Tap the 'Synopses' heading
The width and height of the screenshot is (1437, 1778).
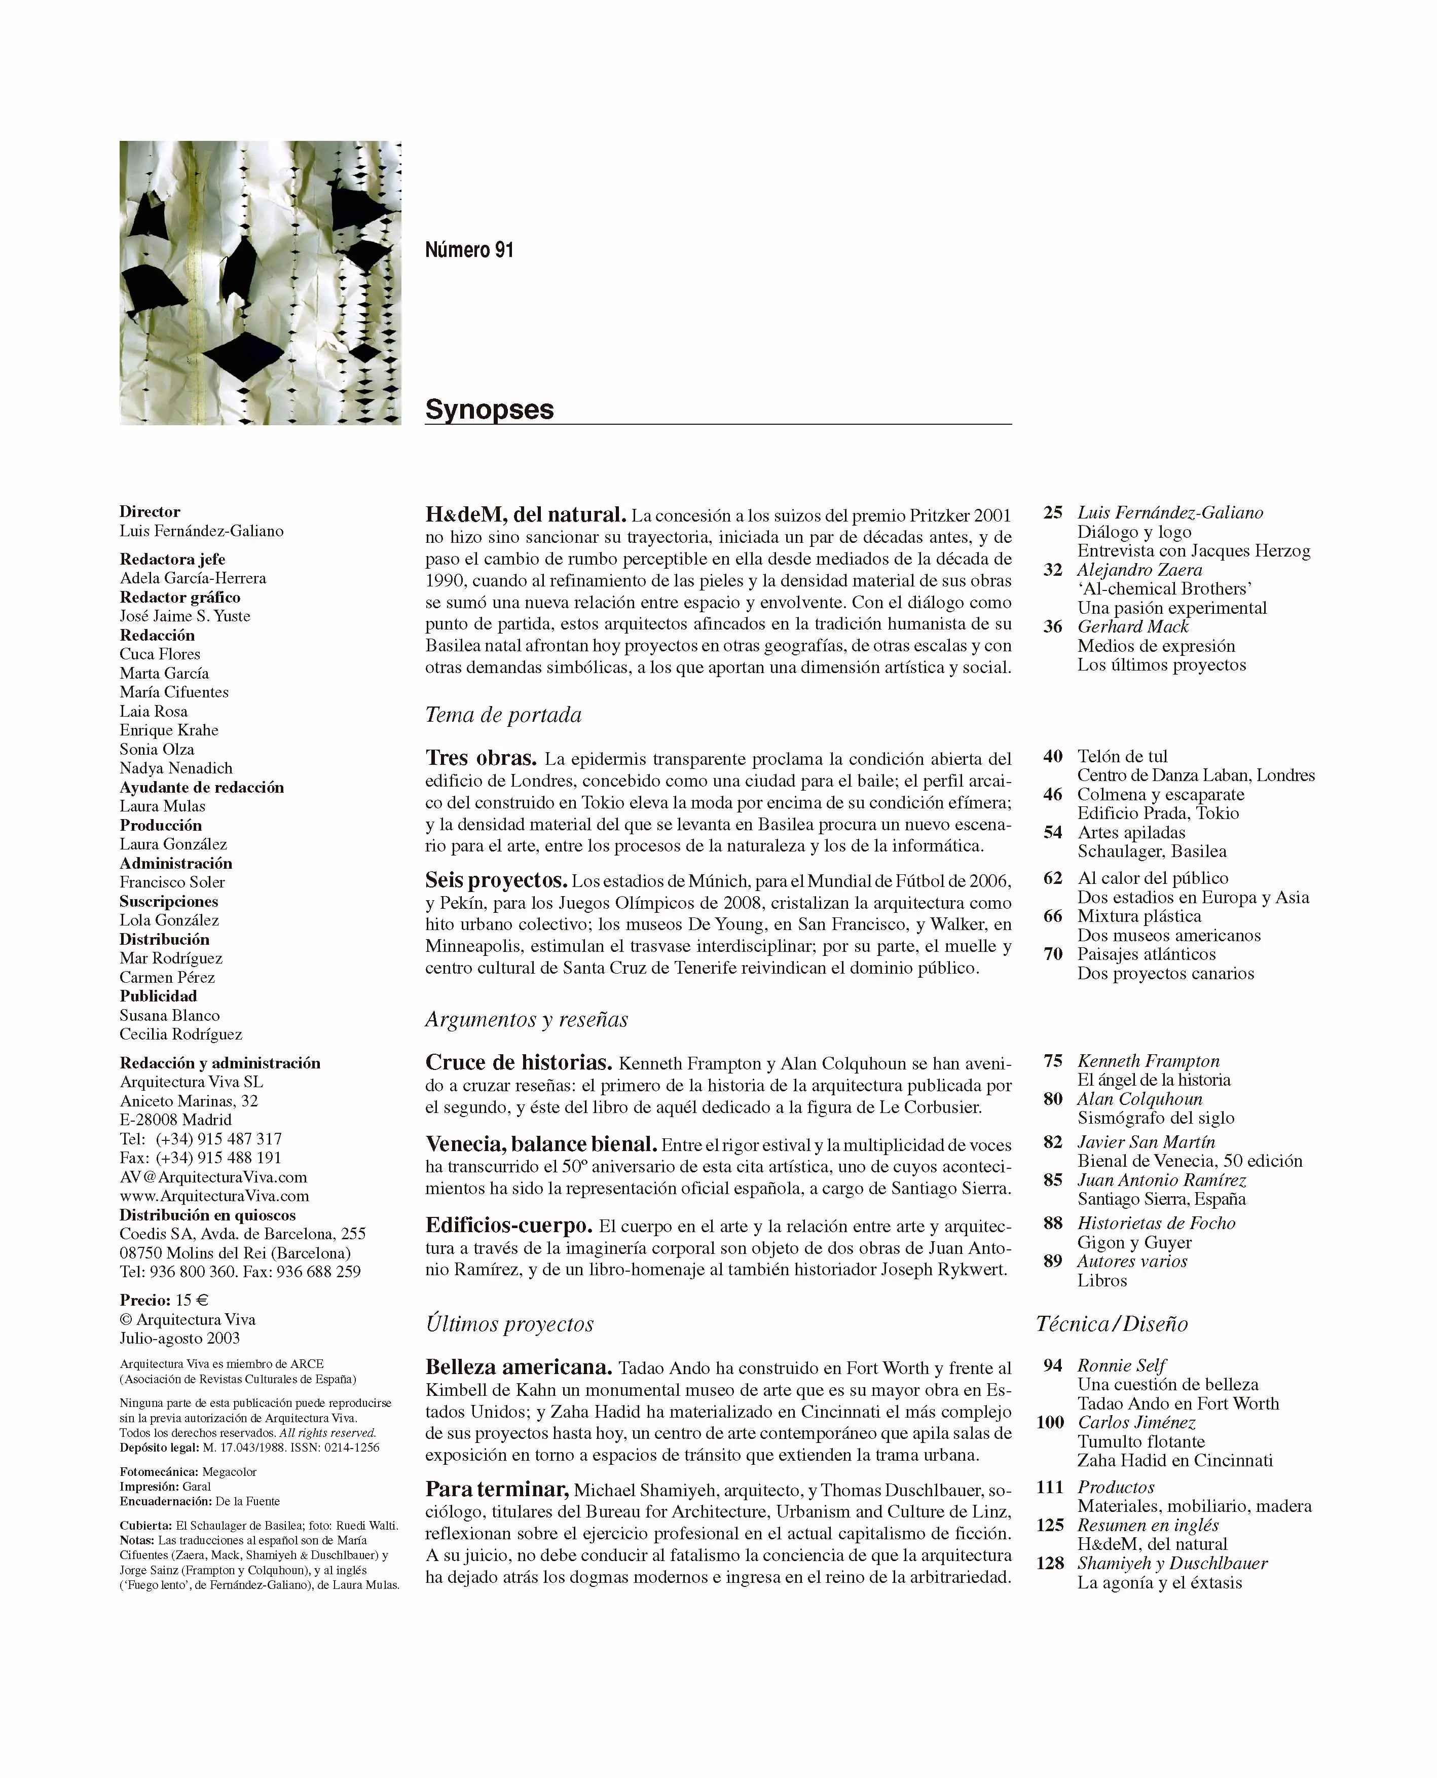click(489, 410)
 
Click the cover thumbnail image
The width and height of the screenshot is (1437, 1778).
click(260, 283)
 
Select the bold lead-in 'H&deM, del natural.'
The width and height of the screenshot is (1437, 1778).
click(525, 515)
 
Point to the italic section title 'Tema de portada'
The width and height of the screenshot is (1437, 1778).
click(503, 715)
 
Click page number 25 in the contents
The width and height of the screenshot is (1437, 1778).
click(1052, 512)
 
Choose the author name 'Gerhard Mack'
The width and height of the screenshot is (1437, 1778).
click(1132, 626)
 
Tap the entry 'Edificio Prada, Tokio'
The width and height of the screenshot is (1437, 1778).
click(1158, 813)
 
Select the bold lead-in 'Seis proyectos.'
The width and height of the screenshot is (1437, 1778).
click(496, 881)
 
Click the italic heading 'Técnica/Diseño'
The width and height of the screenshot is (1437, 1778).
click(1112, 1324)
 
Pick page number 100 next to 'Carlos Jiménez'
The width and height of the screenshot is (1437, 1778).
click(1050, 1422)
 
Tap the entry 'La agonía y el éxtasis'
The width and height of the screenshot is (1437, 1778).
click(1159, 1583)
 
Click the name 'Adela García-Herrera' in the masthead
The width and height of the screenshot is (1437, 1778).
click(193, 578)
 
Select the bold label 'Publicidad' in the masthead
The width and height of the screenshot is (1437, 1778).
click(158, 996)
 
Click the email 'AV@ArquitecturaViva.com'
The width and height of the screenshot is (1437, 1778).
click(213, 1177)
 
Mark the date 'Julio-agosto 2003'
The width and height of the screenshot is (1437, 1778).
click(179, 1339)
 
